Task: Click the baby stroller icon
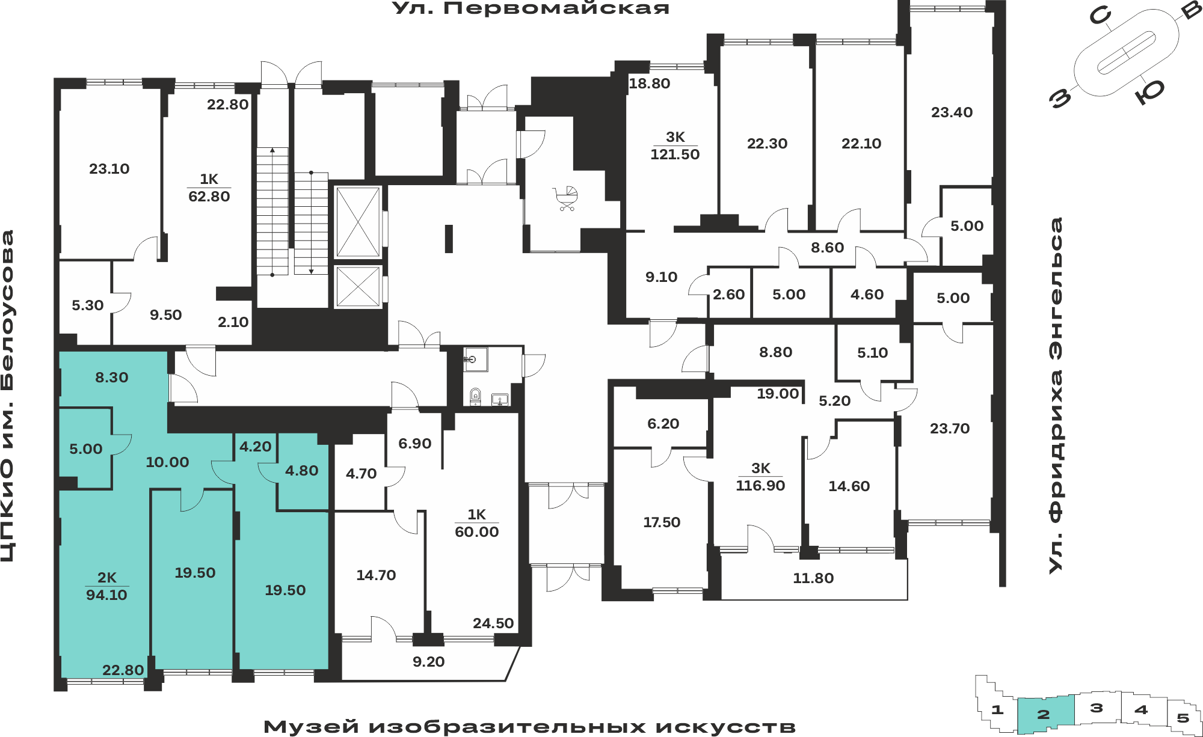tap(565, 198)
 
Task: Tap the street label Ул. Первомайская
tap(531, 8)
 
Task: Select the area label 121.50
tap(675, 154)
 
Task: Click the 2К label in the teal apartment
tap(107, 578)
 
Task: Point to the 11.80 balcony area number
tap(813, 578)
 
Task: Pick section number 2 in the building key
tap(1044, 714)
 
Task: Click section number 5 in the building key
tap(1183, 718)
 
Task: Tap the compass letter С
tap(1100, 16)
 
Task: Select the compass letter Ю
tap(1150, 92)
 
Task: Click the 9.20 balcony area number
tap(429, 662)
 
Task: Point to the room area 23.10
tap(109, 169)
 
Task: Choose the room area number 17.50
tap(662, 522)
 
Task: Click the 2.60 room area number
tap(728, 295)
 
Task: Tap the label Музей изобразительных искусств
tap(530, 727)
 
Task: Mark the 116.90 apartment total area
tap(760, 486)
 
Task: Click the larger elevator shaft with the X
tap(358, 222)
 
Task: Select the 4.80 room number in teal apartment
tap(302, 471)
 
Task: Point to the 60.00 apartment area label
tap(477, 532)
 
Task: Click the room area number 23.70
tap(950, 429)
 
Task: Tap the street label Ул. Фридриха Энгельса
tap(1056, 396)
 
